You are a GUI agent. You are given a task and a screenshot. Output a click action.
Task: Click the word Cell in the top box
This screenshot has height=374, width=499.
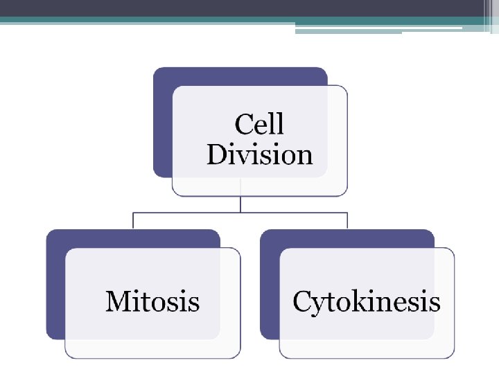click(x=259, y=125)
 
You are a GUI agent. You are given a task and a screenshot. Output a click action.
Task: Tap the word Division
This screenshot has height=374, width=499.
click(x=259, y=154)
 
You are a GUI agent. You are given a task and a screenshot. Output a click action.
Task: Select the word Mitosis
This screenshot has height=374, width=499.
click(x=152, y=302)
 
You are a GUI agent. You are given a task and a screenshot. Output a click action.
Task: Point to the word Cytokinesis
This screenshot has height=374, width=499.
click(x=367, y=303)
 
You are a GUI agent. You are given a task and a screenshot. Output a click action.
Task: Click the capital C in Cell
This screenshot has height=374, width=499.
click(x=244, y=125)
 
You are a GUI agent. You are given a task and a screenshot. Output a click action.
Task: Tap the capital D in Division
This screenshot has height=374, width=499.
click(x=216, y=154)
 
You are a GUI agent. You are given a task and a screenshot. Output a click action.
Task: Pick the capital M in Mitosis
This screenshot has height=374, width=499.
click(x=118, y=302)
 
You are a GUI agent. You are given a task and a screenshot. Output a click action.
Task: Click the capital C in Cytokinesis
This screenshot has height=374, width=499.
click(x=302, y=302)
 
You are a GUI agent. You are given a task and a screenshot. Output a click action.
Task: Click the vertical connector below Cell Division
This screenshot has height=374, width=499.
click(x=240, y=204)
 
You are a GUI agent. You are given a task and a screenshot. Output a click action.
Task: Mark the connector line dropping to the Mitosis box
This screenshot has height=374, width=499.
click(x=133, y=221)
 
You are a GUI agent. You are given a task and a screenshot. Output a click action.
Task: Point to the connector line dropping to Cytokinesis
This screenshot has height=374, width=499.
click(x=347, y=221)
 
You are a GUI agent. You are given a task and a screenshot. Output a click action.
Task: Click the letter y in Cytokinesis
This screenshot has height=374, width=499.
click(x=317, y=305)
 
